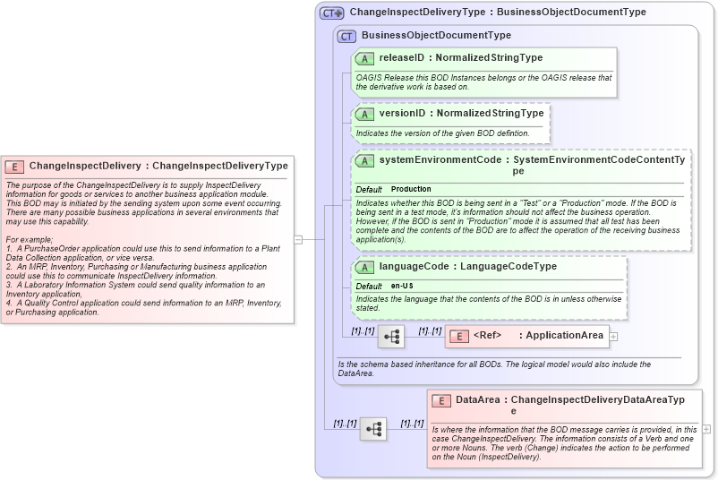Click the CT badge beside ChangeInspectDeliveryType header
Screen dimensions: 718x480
(x=332, y=13)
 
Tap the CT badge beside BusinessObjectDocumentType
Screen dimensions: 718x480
(x=346, y=36)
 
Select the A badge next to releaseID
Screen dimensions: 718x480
(x=364, y=58)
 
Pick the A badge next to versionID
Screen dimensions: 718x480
(x=364, y=114)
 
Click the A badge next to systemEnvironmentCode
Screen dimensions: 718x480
(x=364, y=160)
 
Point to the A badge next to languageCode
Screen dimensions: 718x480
(x=364, y=267)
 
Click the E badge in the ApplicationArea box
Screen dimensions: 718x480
(x=457, y=336)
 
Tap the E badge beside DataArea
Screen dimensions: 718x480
(x=440, y=400)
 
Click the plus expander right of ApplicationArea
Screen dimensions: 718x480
(x=614, y=336)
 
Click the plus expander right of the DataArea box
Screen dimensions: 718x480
(x=707, y=429)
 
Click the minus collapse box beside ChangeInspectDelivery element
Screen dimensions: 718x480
(x=298, y=239)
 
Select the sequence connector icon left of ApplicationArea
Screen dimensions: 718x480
(x=391, y=336)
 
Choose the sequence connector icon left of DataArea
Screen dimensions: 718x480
(x=373, y=429)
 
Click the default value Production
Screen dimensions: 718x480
(x=411, y=190)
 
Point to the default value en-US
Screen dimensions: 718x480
(x=402, y=286)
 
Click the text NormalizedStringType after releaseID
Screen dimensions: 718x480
(x=489, y=58)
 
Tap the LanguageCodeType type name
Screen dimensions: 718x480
(x=509, y=267)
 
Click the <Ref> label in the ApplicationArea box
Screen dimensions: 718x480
(x=487, y=336)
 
